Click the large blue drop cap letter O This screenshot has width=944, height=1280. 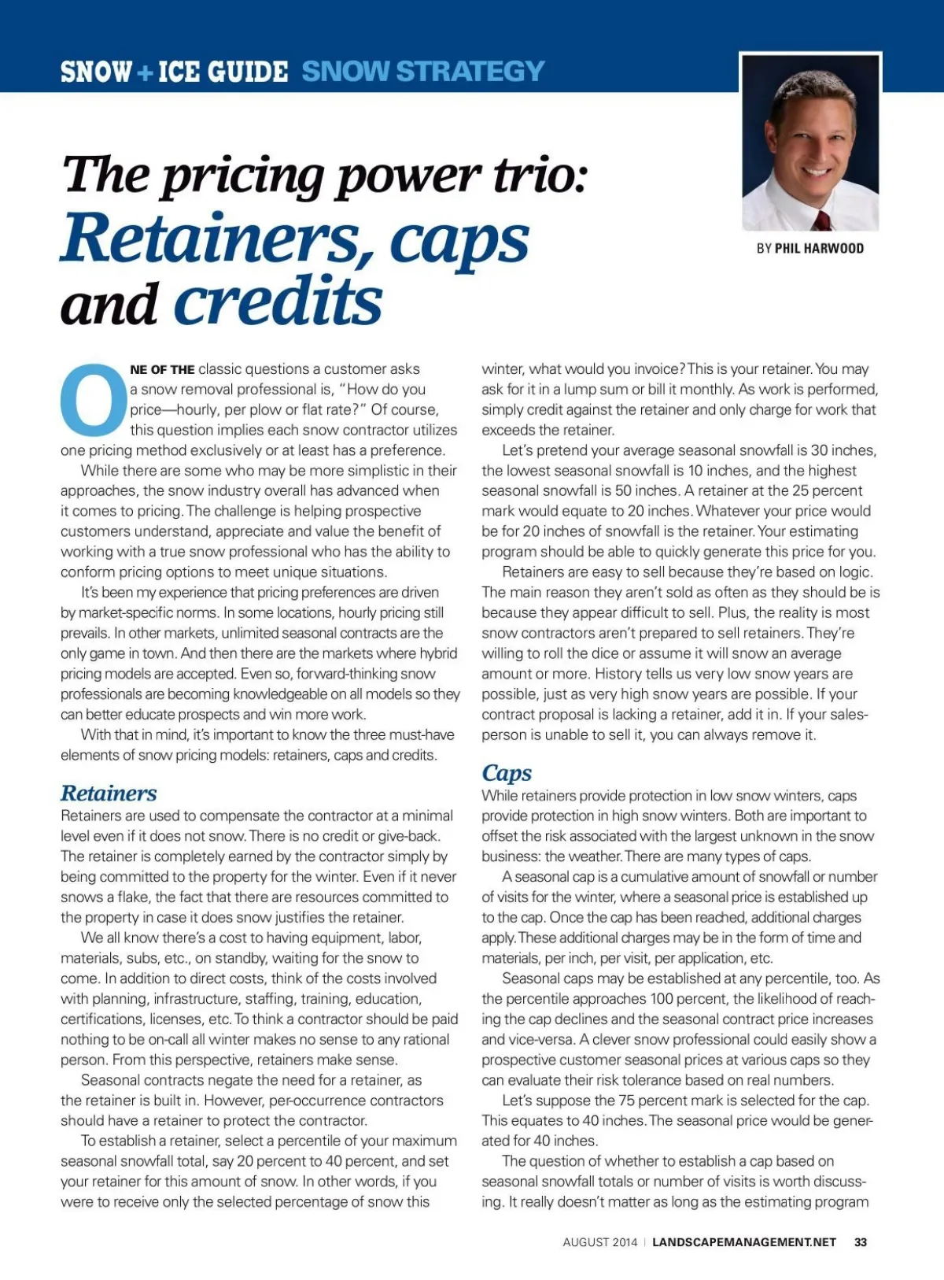(94, 399)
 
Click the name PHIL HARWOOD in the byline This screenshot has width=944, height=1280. (819, 249)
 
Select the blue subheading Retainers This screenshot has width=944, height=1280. (109, 793)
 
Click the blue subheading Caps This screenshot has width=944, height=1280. (507, 772)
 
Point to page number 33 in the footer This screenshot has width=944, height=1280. (861, 1242)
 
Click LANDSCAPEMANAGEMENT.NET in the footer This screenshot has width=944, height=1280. (744, 1242)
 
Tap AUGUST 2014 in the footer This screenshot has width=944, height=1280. (599, 1242)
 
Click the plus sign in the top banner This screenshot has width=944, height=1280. (145, 72)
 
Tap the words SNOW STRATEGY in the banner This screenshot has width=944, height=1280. (423, 72)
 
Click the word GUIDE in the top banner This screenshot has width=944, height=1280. (243, 72)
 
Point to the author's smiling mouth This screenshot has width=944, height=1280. (815, 172)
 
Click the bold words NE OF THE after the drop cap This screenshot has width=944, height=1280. (162, 369)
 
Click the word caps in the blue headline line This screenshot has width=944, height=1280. (459, 241)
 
